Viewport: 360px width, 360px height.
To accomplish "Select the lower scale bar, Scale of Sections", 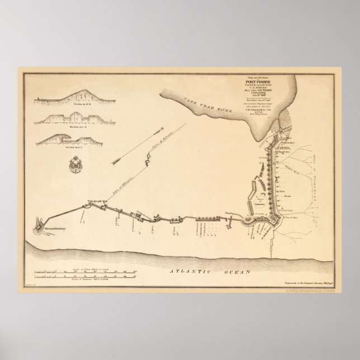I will coord(86,277).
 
